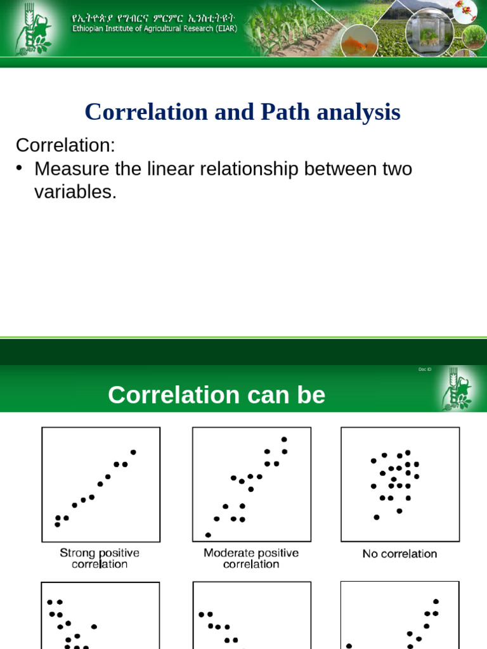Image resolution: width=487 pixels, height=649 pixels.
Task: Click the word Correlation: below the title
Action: click(x=65, y=145)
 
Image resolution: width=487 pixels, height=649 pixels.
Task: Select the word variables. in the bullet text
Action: click(x=75, y=193)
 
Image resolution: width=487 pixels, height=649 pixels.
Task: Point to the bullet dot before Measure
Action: click(x=20, y=168)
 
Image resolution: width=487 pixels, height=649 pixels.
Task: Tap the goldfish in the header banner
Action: click(x=354, y=44)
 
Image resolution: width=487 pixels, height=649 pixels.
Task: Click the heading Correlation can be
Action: click(x=216, y=395)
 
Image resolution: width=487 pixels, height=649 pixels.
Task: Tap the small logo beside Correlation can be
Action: click(x=457, y=389)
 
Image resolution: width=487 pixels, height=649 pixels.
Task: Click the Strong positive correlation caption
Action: click(x=100, y=558)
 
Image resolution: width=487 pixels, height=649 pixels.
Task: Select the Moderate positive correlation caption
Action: click(x=251, y=558)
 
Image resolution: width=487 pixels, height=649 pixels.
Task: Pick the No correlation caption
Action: click(x=399, y=554)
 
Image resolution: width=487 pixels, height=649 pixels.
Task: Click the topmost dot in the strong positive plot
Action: click(x=133, y=452)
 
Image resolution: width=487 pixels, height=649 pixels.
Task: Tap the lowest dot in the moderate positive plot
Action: click(x=208, y=535)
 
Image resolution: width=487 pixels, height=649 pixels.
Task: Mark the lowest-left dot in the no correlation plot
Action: click(x=377, y=517)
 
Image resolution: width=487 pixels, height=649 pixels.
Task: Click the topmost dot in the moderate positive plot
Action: click(x=284, y=439)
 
